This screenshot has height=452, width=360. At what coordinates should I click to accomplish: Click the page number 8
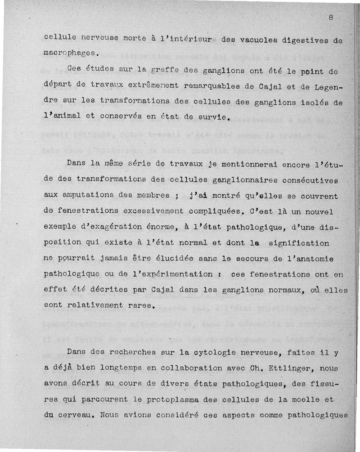tap(331, 18)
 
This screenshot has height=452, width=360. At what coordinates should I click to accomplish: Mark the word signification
tap(299, 243)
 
